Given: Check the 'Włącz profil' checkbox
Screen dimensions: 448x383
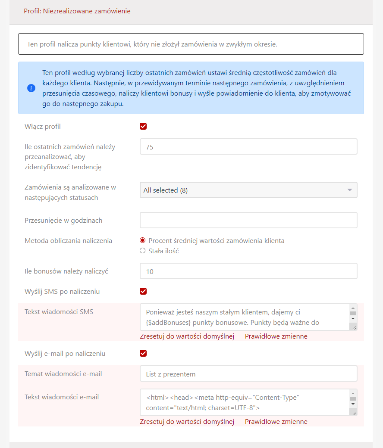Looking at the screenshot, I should coord(143,126).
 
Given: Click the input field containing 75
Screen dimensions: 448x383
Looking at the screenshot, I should coord(248,146).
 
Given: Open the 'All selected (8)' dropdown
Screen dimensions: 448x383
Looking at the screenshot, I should coord(248,190).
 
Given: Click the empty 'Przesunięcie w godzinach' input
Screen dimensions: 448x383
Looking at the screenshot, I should coord(248,220).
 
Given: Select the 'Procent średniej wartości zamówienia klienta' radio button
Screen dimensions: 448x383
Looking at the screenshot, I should coord(143,240).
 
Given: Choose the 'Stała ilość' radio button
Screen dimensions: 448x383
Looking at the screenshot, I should coord(143,251).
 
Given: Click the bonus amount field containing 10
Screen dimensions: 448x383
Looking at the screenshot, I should coord(248,271).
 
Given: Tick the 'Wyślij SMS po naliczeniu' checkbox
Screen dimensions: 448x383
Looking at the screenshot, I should coord(143,291).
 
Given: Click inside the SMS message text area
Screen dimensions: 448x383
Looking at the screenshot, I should coord(244,317).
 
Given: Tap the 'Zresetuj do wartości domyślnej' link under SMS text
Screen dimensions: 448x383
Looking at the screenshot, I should coord(187,336).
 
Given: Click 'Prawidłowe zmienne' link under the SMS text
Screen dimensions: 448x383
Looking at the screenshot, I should coord(276,336).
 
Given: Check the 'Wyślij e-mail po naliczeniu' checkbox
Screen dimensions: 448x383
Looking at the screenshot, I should coord(143,353).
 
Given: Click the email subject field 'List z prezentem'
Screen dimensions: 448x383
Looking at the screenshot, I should coord(248,373).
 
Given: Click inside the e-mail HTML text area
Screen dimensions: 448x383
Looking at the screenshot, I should coord(244,402).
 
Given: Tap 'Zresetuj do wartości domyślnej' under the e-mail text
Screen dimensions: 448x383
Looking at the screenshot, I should coord(187,422).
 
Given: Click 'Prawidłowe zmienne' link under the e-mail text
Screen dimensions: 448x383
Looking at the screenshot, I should coord(276,422).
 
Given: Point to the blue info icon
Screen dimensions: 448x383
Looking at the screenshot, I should coord(31,88).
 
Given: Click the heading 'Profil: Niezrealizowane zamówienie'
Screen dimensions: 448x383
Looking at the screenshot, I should coord(77,11).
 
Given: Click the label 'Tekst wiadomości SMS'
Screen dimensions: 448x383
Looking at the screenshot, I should coord(59,311).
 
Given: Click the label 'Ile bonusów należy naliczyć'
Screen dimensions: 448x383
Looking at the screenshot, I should coord(66,271).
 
